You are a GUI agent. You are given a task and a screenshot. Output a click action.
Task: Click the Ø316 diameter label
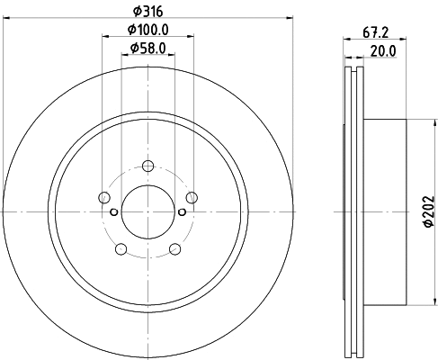tap(147, 12)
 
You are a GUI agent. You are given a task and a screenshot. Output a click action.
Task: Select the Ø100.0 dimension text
tap(148, 30)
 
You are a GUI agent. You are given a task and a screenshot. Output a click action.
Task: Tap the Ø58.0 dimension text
tap(148, 48)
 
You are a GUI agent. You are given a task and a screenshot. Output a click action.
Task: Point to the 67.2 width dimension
tap(376, 32)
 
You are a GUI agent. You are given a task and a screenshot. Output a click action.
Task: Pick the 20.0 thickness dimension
tap(383, 51)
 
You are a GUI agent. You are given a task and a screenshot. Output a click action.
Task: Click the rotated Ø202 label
tap(429, 211)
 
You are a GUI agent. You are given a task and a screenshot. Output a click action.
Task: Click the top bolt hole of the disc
tap(147, 166)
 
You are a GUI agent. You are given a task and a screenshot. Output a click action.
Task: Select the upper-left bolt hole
tap(104, 197)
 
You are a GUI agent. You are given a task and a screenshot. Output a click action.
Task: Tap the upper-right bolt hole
tap(192, 197)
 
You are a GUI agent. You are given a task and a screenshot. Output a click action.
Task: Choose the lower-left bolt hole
tap(121, 249)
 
